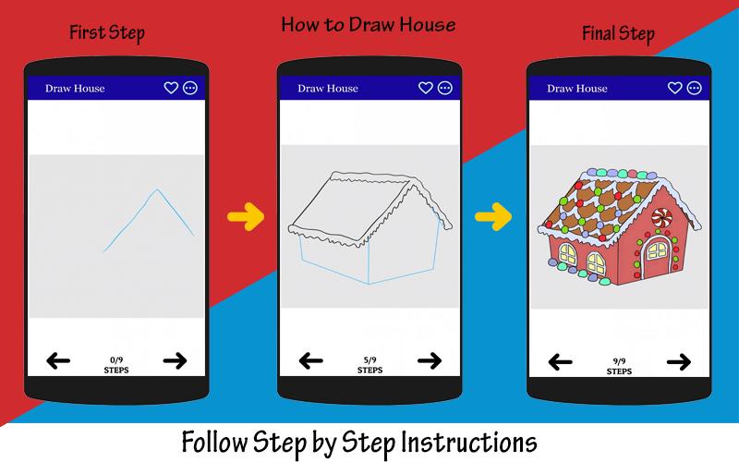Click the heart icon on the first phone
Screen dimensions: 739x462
tap(171, 88)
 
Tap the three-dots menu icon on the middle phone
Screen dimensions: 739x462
tap(445, 88)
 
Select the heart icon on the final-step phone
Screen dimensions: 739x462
tap(675, 88)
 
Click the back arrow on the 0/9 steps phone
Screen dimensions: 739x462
tap(58, 361)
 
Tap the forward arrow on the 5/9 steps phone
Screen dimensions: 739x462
tap(430, 361)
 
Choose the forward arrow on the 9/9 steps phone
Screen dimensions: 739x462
tap(679, 362)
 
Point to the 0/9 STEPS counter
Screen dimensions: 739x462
tap(116, 365)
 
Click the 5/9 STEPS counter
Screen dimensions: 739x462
tap(370, 365)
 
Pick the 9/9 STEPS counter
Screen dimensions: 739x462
tap(619, 366)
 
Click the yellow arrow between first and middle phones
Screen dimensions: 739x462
tap(246, 217)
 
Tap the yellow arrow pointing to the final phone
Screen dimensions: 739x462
tap(493, 217)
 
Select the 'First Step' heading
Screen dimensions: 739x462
tap(107, 33)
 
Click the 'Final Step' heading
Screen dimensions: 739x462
tap(618, 33)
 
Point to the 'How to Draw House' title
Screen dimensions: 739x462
tap(369, 25)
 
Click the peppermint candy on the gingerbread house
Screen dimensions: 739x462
tap(661, 217)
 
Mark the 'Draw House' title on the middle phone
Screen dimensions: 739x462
tap(328, 88)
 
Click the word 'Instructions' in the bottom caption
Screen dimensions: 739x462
tap(468, 444)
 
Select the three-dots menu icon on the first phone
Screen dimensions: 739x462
tap(190, 88)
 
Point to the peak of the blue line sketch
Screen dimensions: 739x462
tap(157, 189)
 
